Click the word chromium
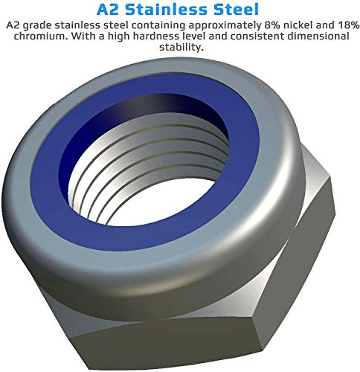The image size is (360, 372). (30, 36)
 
